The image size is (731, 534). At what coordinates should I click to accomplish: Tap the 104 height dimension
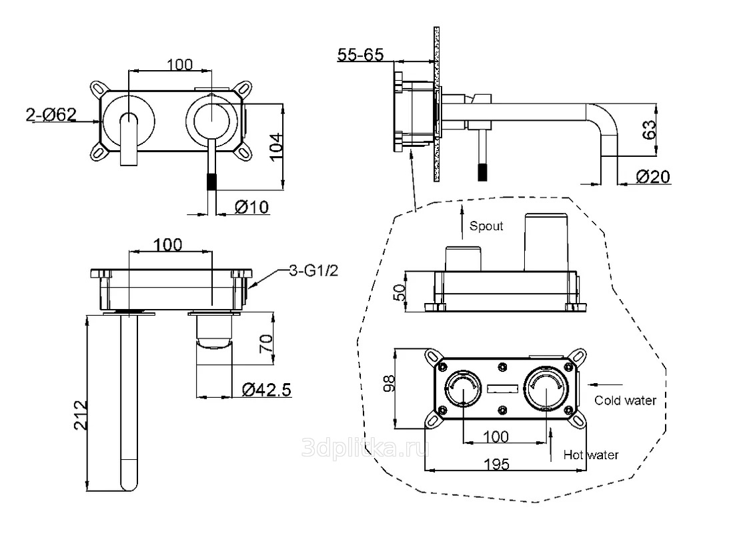click(277, 146)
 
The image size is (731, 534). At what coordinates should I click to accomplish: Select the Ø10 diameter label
click(251, 207)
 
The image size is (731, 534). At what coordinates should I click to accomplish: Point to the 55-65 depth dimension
click(360, 55)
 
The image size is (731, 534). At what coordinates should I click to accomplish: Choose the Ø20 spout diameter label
click(653, 176)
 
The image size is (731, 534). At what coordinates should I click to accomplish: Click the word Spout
click(486, 226)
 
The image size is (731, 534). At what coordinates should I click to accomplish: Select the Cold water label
click(625, 400)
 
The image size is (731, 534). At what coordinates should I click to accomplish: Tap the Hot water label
click(591, 455)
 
